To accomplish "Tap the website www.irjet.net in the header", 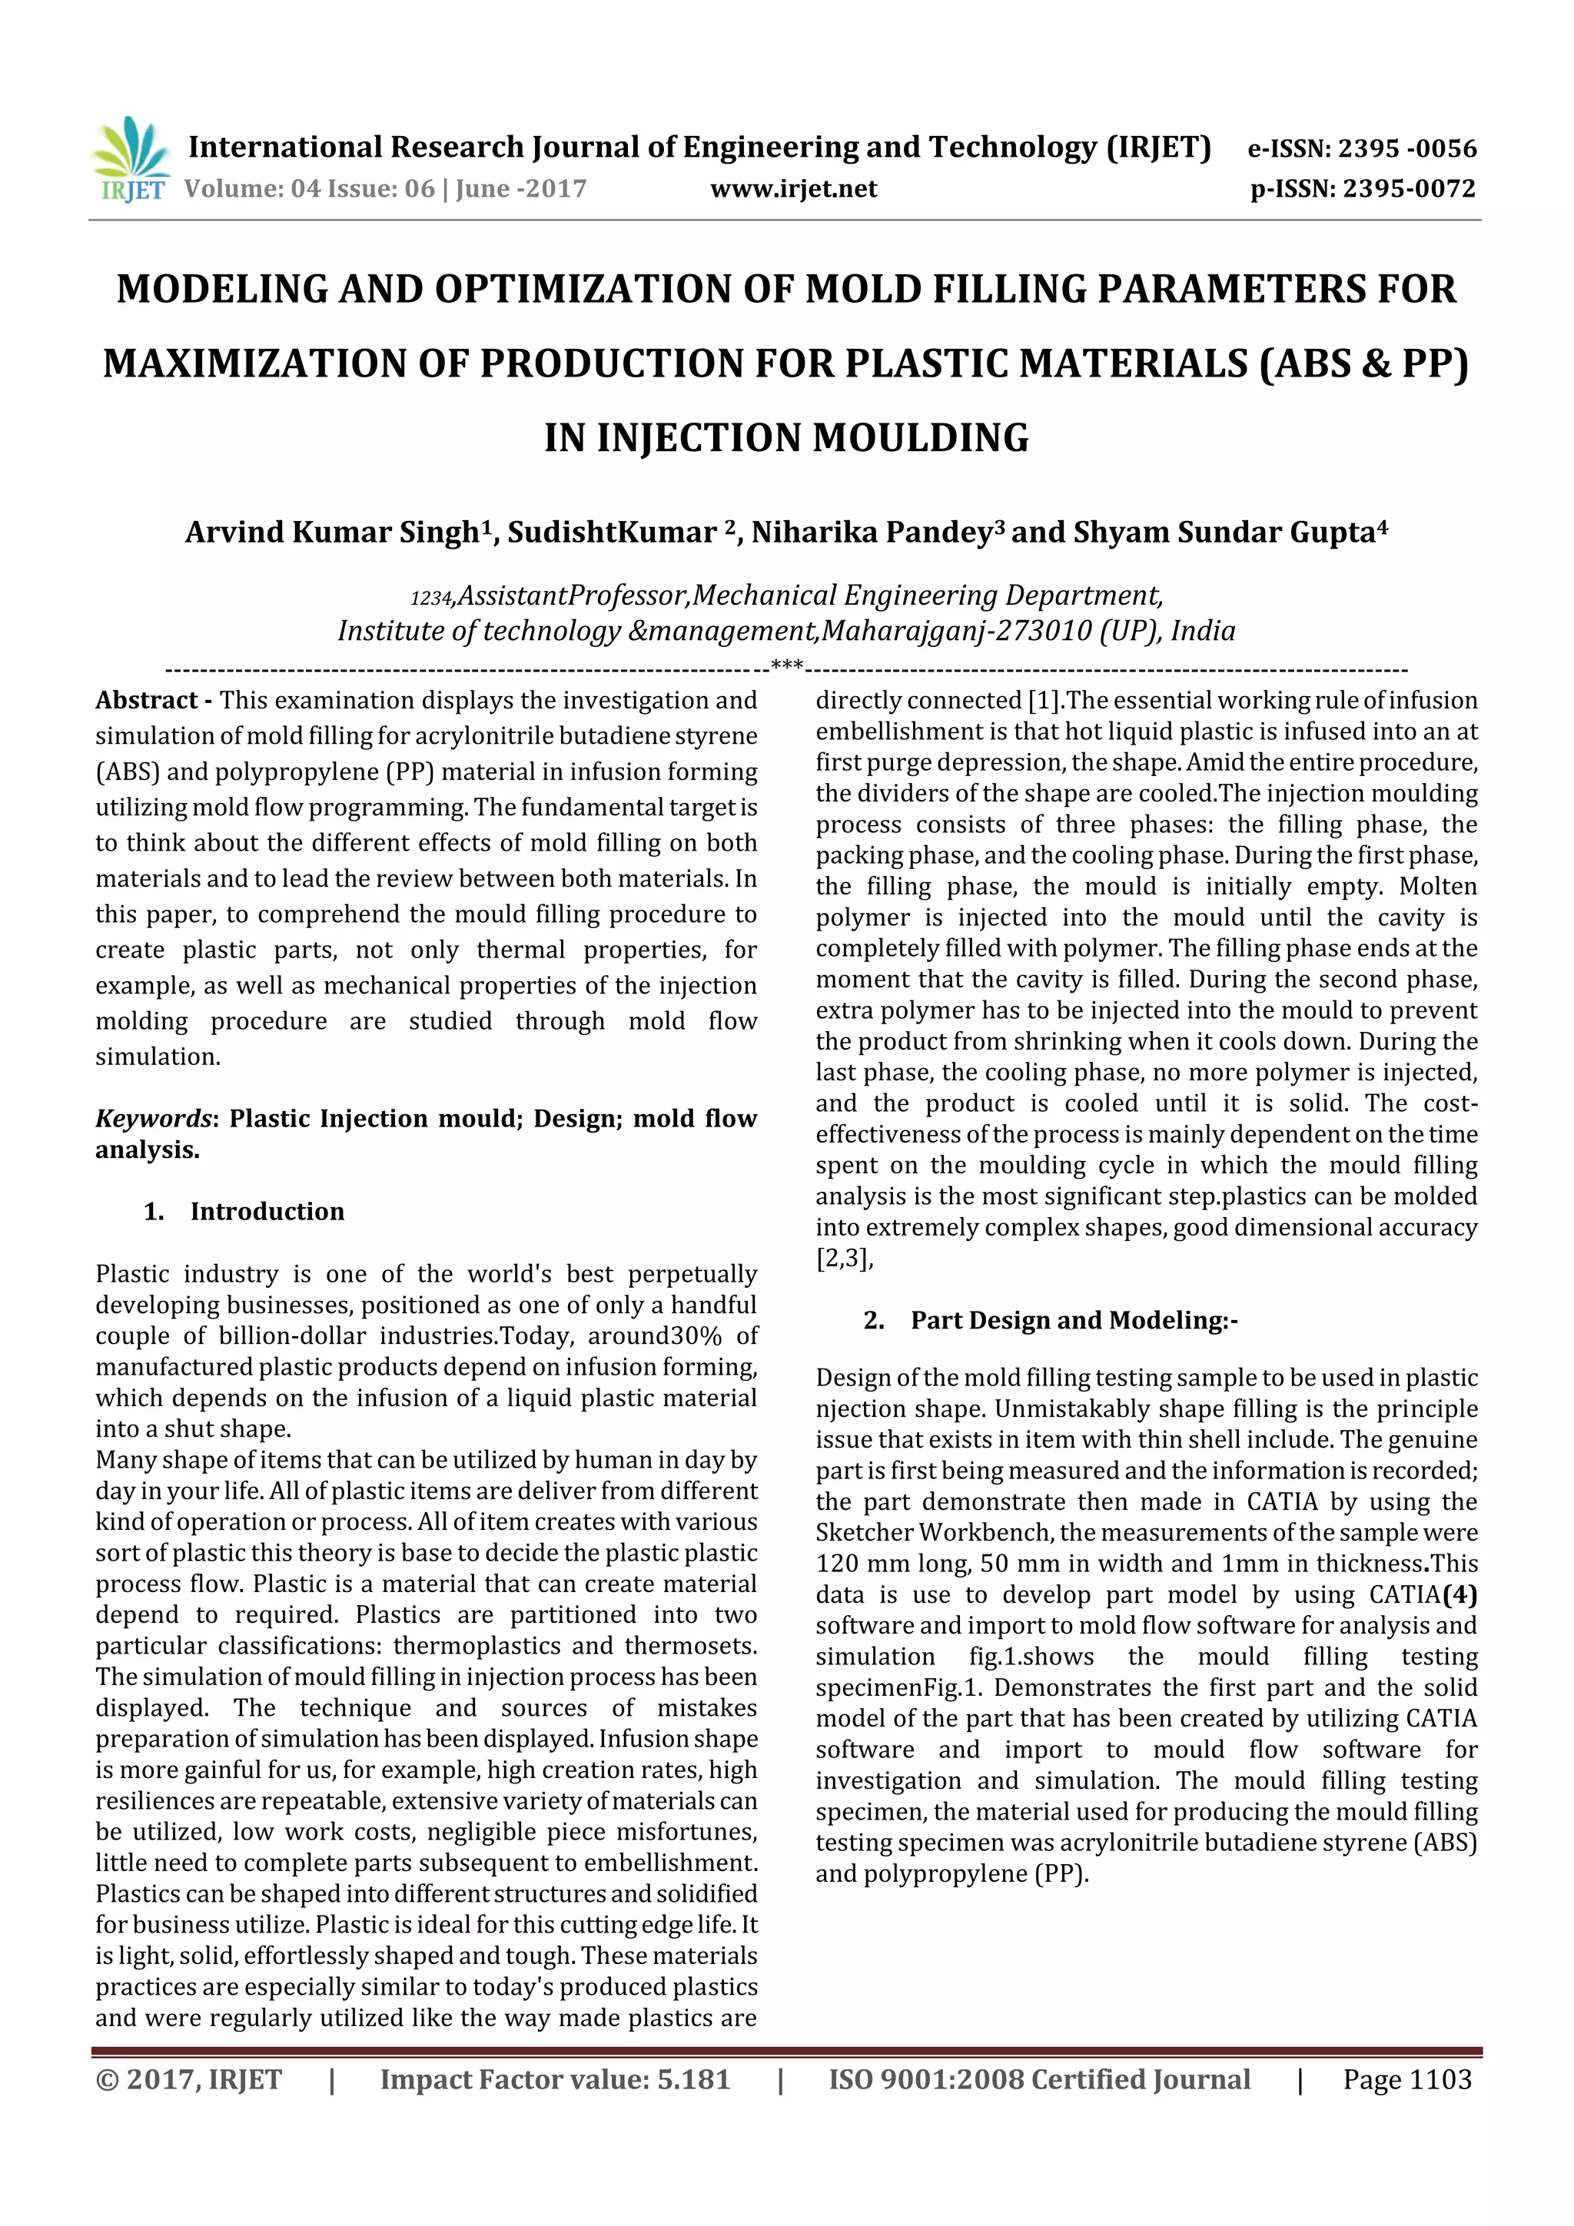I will click(792, 188).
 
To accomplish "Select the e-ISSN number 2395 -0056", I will click(1406, 148).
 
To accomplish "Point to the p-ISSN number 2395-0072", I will click(1409, 188).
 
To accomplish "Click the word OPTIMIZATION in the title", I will click(536, 289).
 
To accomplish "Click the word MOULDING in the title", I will click(921, 437).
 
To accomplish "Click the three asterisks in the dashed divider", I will click(785, 666).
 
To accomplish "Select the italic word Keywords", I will click(152, 1119).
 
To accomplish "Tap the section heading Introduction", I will click(267, 1211).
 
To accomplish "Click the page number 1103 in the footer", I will click(1440, 2078).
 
